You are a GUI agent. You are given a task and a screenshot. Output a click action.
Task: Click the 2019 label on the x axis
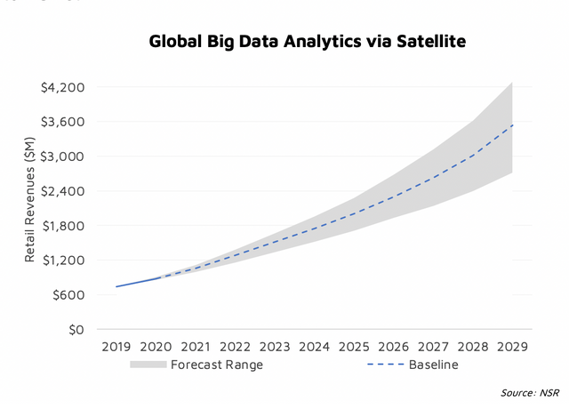pyautogui.click(x=116, y=346)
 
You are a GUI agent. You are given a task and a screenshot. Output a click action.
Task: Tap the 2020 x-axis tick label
pyautogui.click(x=156, y=346)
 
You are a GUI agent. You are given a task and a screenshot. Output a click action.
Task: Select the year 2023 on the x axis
pyautogui.click(x=275, y=346)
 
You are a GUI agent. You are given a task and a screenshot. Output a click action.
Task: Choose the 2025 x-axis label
pyautogui.click(x=354, y=346)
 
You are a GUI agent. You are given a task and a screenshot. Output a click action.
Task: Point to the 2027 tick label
pyautogui.click(x=433, y=346)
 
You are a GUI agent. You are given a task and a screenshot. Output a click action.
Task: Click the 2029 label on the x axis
pyautogui.click(x=512, y=346)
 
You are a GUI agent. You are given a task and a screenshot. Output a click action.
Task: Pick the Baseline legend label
pyautogui.click(x=433, y=365)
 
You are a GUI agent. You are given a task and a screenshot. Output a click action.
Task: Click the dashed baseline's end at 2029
pyautogui.click(x=512, y=125)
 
